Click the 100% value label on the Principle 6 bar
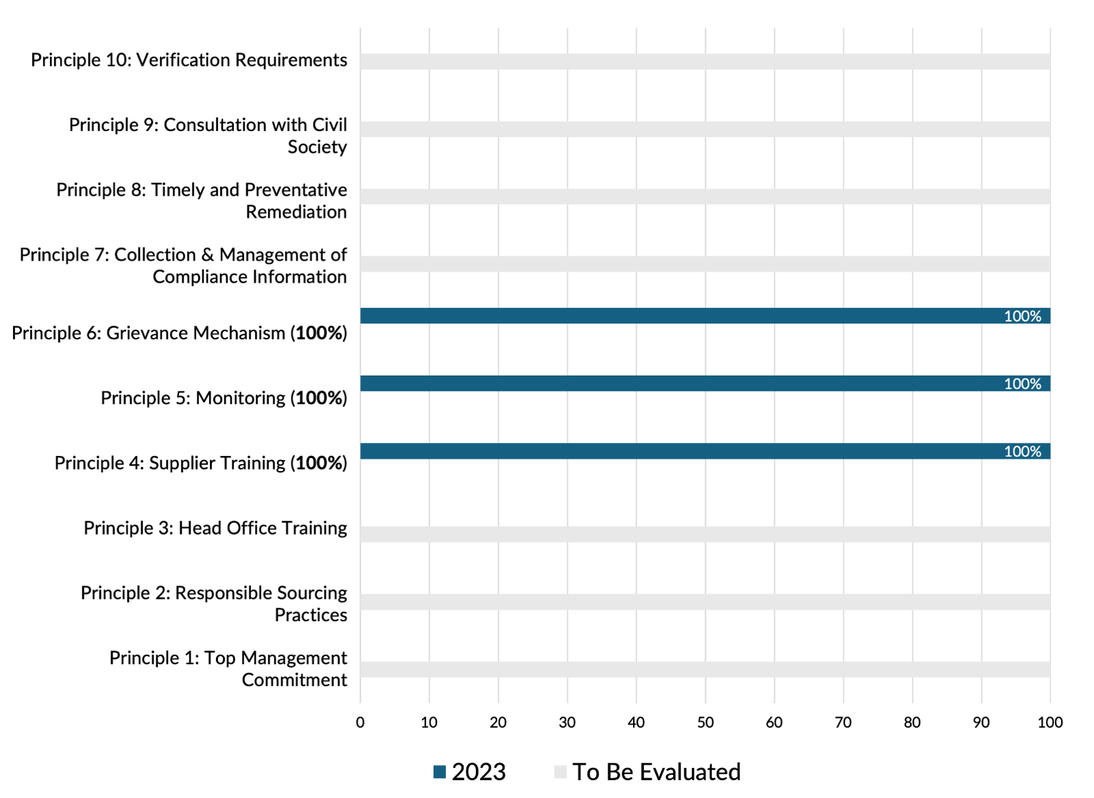point(1022,316)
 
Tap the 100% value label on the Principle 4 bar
point(1022,451)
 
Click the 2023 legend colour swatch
point(440,772)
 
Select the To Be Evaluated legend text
point(656,772)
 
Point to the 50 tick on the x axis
point(705,722)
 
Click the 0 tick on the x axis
point(360,722)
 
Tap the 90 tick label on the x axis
point(981,722)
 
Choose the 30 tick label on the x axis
point(567,722)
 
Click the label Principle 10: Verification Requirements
point(189,60)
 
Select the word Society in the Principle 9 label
point(317,147)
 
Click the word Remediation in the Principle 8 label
point(296,213)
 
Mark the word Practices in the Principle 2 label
point(311,615)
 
